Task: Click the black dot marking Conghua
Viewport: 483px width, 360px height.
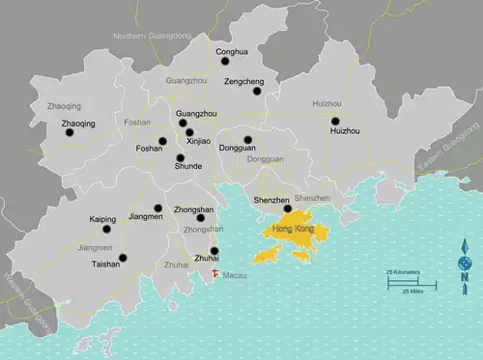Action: tap(225, 60)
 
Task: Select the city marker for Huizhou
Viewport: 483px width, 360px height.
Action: tap(335, 121)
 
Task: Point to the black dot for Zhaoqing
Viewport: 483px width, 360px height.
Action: tap(69, 133)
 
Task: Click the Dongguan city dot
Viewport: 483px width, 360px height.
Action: tap(248, 140)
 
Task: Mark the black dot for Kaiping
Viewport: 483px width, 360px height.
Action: tap(109, 229)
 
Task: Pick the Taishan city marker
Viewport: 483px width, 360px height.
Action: tap(123, 256)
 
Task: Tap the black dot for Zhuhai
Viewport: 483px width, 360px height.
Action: tap(214, 251)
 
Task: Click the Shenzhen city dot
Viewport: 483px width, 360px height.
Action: tap(287, 208)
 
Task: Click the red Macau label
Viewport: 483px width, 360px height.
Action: tap(234, 276)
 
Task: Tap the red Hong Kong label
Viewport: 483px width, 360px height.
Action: tap(294, 229)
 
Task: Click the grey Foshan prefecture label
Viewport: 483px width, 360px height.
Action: tap(137, 123)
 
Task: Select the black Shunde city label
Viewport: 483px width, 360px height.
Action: tap(188, 166)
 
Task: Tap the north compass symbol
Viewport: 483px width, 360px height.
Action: tap(466, 265)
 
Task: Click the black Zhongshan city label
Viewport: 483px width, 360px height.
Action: tap(193, 209)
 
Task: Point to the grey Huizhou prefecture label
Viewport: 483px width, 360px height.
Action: tap(327, 102)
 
